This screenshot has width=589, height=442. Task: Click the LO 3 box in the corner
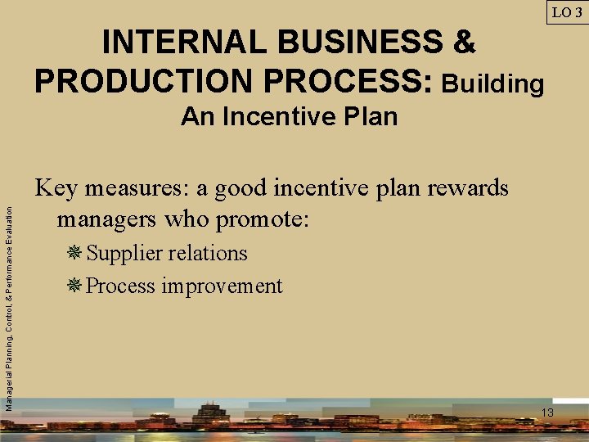[x=568, y=12]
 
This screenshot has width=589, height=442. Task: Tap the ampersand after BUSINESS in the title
[x=464, y=42]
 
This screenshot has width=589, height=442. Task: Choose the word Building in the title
[x=492, y=83]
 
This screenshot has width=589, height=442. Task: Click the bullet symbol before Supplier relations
[x=75, y=254]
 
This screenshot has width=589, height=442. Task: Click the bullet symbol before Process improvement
[x=75, y=286]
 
